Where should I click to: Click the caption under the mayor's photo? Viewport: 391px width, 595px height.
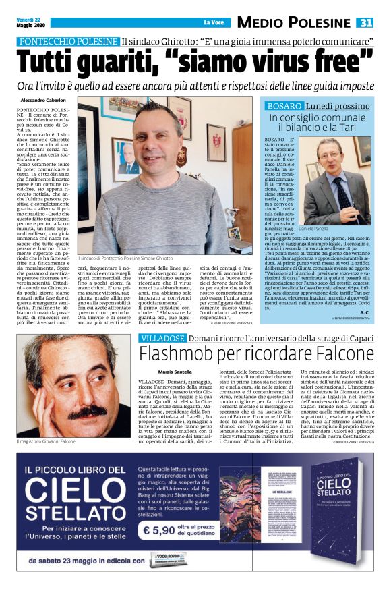point(125,259)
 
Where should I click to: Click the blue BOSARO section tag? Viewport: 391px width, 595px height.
point(283,106)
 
